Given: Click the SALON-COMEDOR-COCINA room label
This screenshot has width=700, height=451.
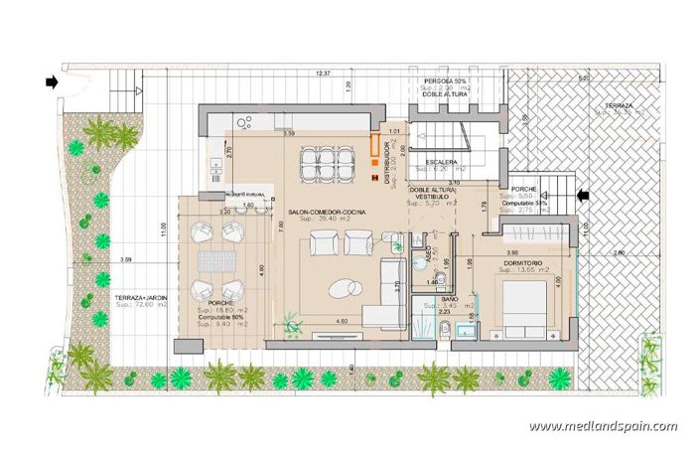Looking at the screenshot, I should [x=326, y=213].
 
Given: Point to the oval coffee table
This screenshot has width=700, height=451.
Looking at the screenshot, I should [x=346, y=287].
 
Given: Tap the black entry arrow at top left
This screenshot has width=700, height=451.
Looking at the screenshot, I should [x=51, y=82].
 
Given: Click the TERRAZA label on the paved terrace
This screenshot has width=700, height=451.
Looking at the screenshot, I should [x=624, y=103].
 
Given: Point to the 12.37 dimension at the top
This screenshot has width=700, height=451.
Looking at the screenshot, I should [x=323, y=75].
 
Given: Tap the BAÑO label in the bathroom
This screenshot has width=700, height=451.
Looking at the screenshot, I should [x=450, y=298].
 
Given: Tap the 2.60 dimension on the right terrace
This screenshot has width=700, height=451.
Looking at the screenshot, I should [x=619, y=254].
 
